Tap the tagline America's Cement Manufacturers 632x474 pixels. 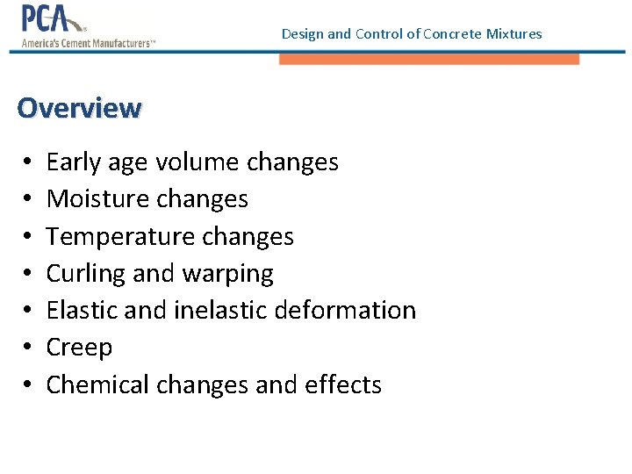(x=88, y=41)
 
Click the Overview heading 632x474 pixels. (x=78, y=108)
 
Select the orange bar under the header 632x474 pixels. (x=429, y=59)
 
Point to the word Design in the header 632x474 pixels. (x=302, y=34)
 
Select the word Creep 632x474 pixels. (x=79, y=348)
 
